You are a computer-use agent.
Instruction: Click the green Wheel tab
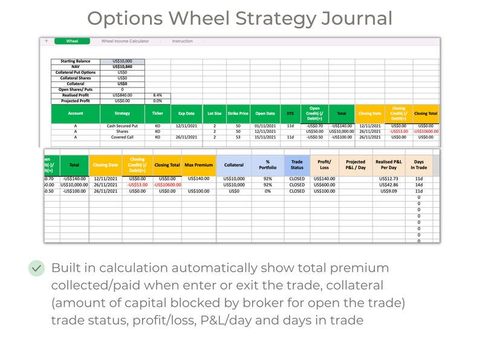coord(72,41)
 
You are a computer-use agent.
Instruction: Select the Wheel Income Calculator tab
coord(125,41)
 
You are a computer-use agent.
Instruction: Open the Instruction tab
coord(182,41)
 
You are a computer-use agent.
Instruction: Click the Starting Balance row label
coord(75,62)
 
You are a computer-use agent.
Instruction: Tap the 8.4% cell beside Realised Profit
coord(157,95)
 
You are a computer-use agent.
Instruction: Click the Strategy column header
coord(123,113)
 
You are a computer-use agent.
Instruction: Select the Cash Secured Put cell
coord(123,126)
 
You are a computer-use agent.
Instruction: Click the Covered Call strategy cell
coord(123,137)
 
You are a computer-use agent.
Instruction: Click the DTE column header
coord(290,113)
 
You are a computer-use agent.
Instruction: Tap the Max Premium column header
coord(198,164)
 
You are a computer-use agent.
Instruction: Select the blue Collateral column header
coord(234,164)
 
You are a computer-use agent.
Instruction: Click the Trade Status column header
coord(297,164)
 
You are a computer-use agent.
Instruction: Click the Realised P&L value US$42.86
coord(388,185)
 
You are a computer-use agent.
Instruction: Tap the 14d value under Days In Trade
coord(419,185)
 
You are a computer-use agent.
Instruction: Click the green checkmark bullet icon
coord(37,268)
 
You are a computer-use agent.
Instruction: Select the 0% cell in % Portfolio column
coord(268,191)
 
